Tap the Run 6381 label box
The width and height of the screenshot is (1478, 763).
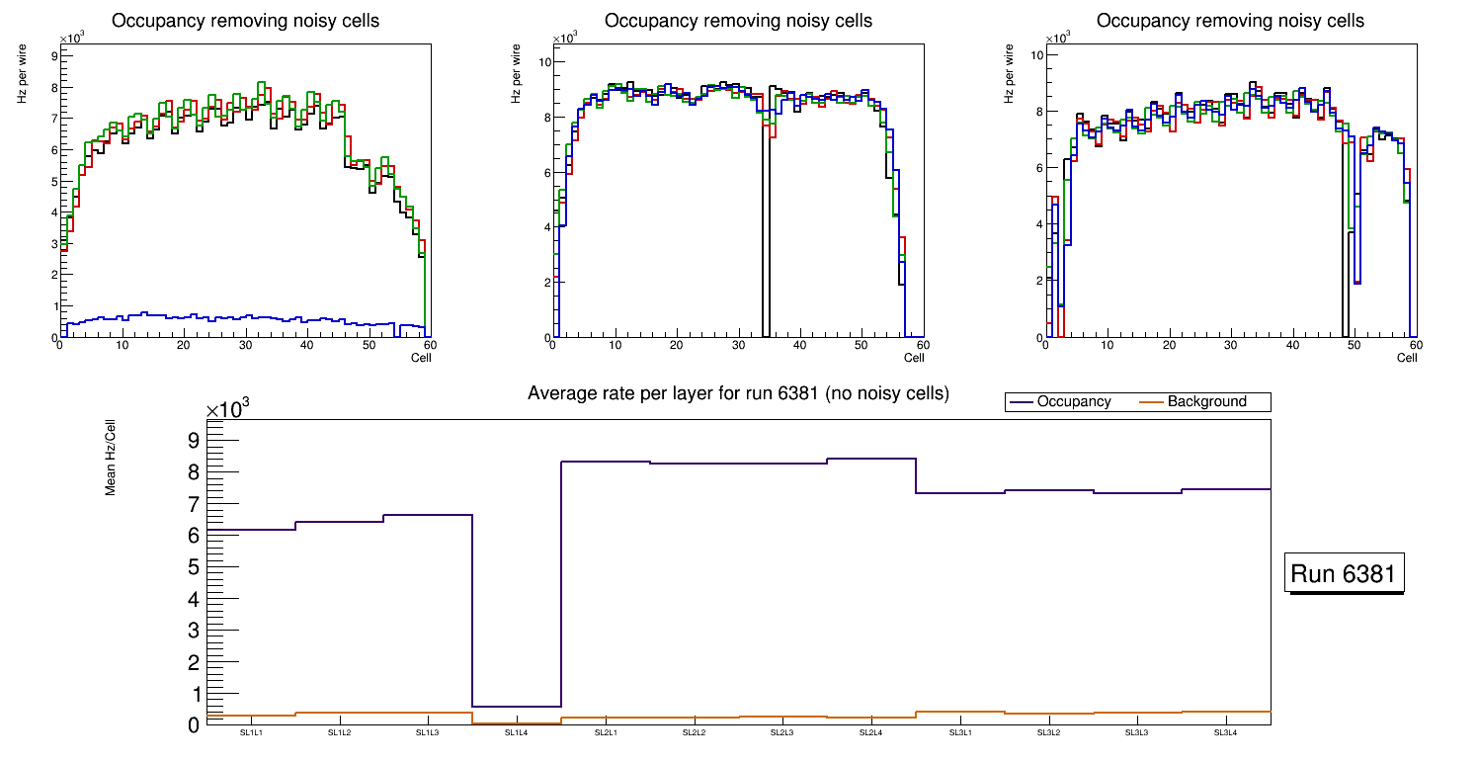[1346, 574]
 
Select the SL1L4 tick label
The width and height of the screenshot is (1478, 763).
[517, 733]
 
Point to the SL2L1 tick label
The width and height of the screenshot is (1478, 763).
[606, 733]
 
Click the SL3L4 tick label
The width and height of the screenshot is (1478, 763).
[1225, 733]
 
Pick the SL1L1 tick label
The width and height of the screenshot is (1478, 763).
[251, 733]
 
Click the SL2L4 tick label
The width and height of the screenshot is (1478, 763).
[870, 733]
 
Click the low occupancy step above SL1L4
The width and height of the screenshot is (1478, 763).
[517, 707]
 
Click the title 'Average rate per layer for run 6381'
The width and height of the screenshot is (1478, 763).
[738, 393]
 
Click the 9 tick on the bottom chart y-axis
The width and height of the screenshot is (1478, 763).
[194, 440]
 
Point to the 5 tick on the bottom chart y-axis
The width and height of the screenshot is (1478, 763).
[194, 566]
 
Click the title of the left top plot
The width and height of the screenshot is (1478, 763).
[245, 21]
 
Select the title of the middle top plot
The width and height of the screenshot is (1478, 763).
[738, 21]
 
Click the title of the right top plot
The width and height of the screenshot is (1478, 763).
[1230, 21]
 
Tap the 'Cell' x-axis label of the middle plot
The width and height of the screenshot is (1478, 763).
[914, 357]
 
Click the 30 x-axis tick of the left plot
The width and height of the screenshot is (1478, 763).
[245, 345]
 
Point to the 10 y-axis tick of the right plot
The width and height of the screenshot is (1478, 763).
[1037, 55]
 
